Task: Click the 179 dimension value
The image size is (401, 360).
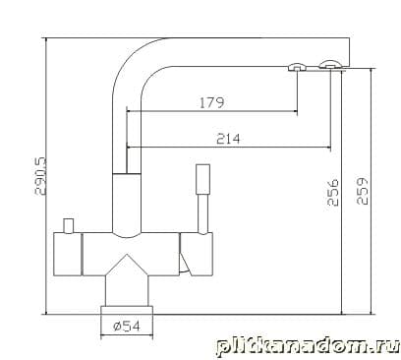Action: tap(212, 102)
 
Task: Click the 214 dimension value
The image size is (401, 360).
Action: tap(228, 139)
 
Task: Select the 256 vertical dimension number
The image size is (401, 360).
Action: tap(333, 192)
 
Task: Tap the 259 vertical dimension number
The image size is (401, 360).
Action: tap(362, 191)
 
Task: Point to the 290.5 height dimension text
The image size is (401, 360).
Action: tap(41, 177)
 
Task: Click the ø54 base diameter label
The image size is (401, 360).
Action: tap(127, 326)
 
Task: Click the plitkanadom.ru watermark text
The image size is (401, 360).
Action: tap(308, 346)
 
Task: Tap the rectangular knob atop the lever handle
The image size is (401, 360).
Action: tap(203, 179)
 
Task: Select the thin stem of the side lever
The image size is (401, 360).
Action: tap(203, 213)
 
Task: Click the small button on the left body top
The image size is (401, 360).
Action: tap(69, 225)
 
